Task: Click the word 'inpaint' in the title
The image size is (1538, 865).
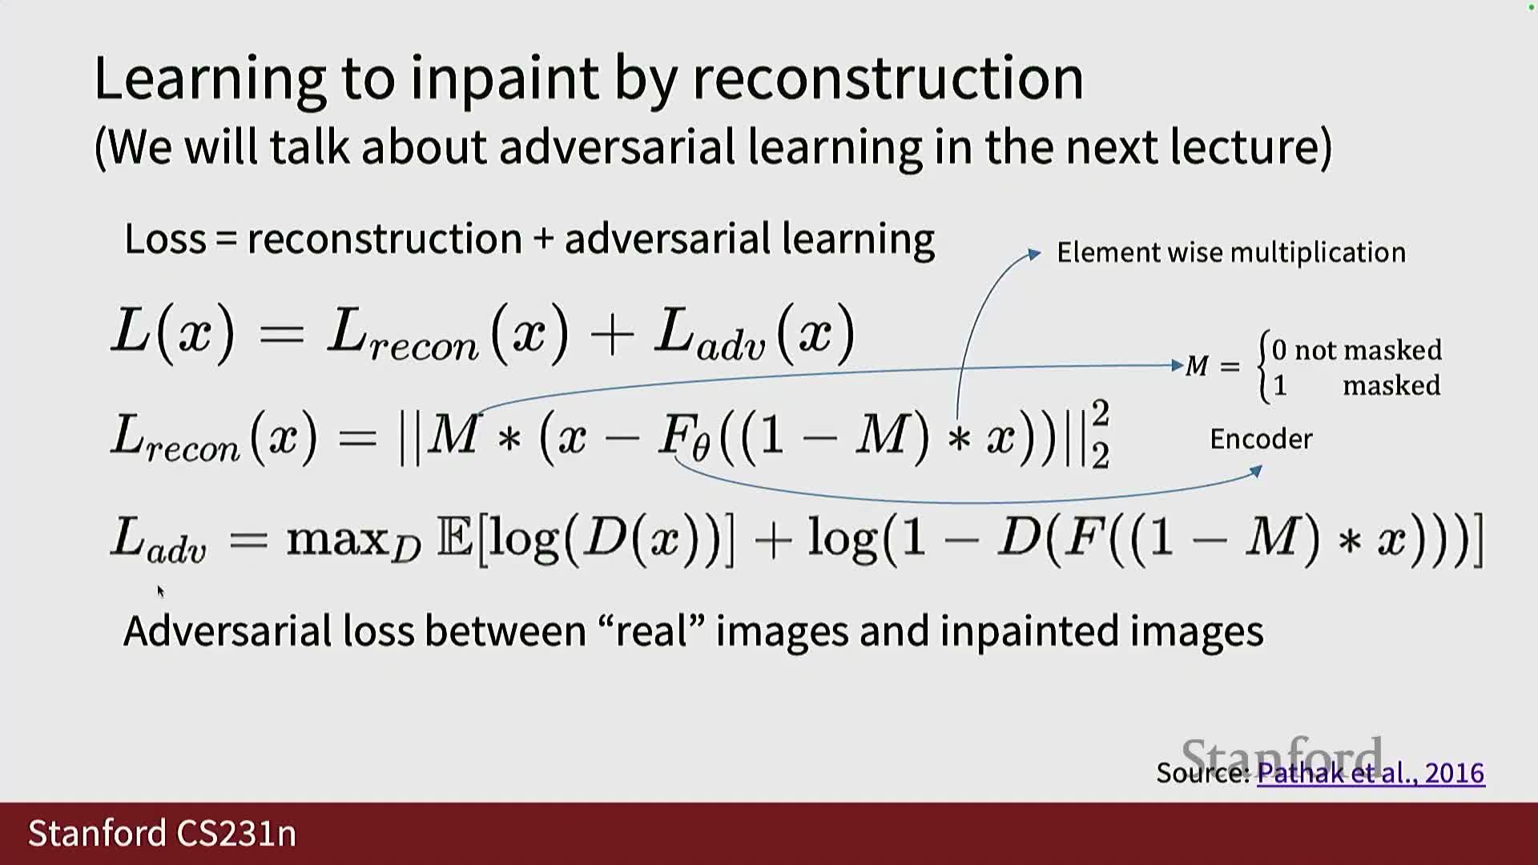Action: click(x=505, y=78)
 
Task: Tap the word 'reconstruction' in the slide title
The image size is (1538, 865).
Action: click(x=888, y=78)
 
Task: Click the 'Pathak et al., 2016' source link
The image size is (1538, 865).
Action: click(x=1371, y=773)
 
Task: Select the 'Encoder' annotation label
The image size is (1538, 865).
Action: click(x=1261, y=439)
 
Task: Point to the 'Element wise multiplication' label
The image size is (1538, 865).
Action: click(x=1231, y=252)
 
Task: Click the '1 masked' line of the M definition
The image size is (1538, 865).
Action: click(x=1356, y=386)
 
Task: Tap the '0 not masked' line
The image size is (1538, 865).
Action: click(x=1356, y=350)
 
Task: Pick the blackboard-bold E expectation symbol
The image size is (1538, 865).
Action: click(x=455, y=537)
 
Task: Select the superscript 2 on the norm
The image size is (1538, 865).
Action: click(x=1101, y=413)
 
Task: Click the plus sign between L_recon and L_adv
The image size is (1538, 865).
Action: click(x=611, y=333)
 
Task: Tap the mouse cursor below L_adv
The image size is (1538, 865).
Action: click(x=160, y=591)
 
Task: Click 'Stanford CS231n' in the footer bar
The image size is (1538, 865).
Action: click(x=162, y=833)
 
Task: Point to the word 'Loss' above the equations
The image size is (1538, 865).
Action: click(x=165, y=239)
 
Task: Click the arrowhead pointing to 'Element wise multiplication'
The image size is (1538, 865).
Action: click(x=1034, y=254)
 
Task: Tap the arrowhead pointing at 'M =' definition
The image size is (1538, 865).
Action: click(x=1178, y=365)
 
